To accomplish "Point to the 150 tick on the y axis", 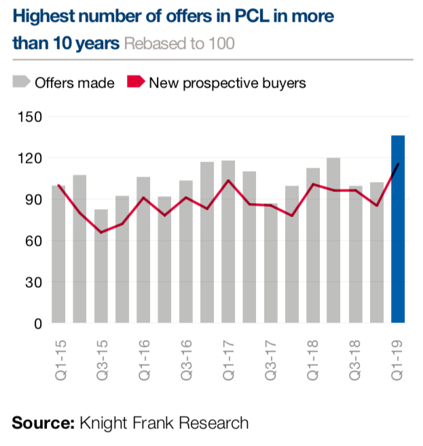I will [30, 117].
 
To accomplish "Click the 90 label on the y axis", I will [33, 200].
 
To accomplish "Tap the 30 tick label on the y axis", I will [33, 282].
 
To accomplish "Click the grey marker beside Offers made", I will [21, 83].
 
